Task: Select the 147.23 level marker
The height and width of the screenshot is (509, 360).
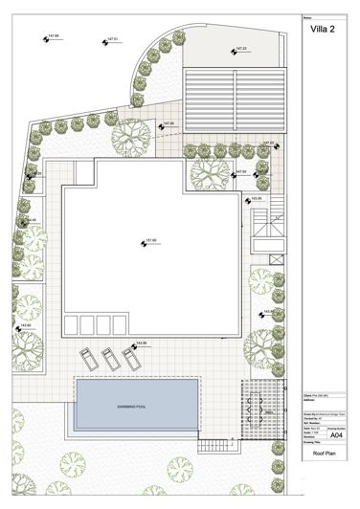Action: (235, 51)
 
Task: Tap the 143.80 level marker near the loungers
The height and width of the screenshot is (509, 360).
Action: (136, 344)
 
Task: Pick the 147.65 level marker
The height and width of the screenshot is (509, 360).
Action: (164, 125)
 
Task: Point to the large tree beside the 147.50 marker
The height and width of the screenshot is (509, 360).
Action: (207, 173)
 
